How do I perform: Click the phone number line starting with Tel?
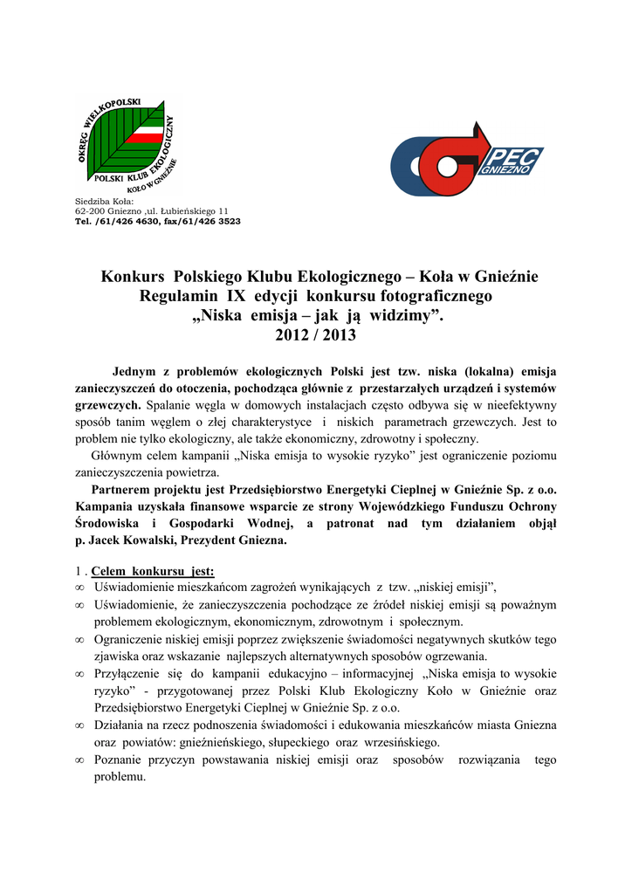(157, 222)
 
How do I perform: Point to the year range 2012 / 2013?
(316, 335)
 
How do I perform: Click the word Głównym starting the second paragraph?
(119, 456)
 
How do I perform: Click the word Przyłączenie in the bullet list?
(132, 674)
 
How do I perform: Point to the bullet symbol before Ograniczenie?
(79, 640)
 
